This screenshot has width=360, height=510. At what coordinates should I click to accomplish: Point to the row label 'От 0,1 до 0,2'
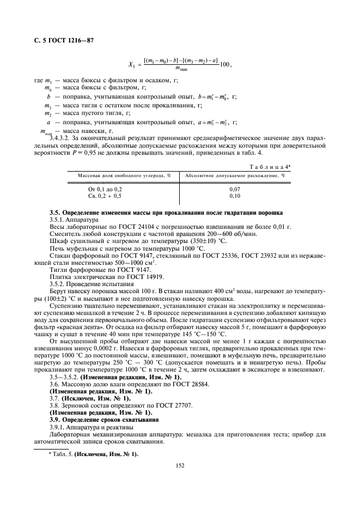tap(106, 188)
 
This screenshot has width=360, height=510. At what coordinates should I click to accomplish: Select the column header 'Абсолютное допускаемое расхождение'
tap(235, 175)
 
